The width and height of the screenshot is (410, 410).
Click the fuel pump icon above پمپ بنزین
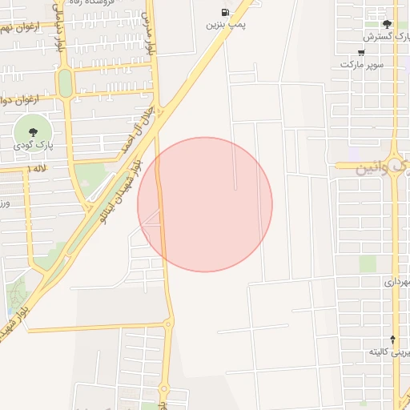click(224, 12)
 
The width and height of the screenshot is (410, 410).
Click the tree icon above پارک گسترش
click(388, 24)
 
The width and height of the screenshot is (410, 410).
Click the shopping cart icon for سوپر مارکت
click(361, 53)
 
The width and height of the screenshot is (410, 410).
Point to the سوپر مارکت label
click(365, 64)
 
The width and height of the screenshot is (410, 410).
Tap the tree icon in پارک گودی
click(33, 132)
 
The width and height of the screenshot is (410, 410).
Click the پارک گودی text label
click(34, 147)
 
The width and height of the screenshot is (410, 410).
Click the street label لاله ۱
click(37, 170)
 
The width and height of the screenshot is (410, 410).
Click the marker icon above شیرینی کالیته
click(392, 340)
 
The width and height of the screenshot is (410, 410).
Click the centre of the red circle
click(205, 204)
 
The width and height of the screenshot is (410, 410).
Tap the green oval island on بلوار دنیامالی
click(65, 82)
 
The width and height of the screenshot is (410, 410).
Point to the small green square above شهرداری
click(368, 263)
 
